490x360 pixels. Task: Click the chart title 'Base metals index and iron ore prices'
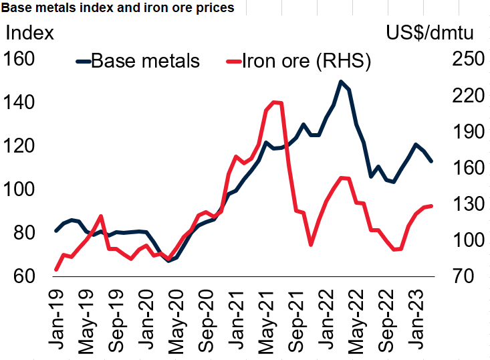point(118,7)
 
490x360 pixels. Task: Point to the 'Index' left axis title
point(29,33)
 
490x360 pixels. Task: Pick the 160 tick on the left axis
point(19,59)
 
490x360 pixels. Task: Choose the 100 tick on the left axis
point(19,189)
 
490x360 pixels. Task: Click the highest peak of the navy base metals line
point(341,82)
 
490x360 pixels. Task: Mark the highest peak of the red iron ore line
point(273,102)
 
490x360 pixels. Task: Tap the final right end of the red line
point(431,205)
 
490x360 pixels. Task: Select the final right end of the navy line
point(431,161)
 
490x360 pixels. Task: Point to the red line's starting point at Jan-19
point(56,270)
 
